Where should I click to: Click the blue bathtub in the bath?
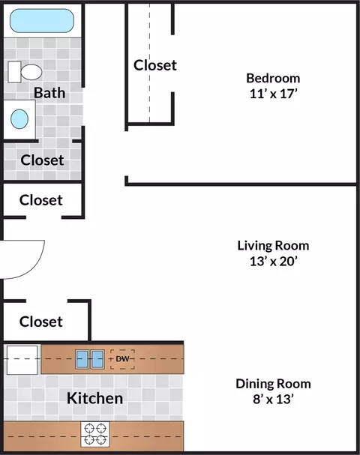coord(42,20)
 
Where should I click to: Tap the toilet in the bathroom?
coord(25,72)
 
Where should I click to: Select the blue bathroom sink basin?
coord(19,119)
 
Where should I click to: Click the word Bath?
coord(49,93)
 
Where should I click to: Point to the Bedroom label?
coord(273,78)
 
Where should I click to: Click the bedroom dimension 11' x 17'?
coord(274,94)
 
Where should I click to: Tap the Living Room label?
coord(273,246)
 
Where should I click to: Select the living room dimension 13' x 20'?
coord(274,261)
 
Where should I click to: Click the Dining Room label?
coord(273,384)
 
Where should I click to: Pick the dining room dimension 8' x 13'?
coord(273,399)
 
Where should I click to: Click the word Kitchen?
coord(95,398)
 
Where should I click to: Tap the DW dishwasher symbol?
coord(122,359)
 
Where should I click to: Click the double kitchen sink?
coord(90,359)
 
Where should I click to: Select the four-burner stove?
coord(95,434)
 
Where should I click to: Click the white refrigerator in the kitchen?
coord(22,360)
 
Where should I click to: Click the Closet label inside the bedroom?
coord(155,65)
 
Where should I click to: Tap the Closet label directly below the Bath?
coord(43,160)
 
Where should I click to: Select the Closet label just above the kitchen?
coord(41,322)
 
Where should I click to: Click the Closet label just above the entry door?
coord(41,200)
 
